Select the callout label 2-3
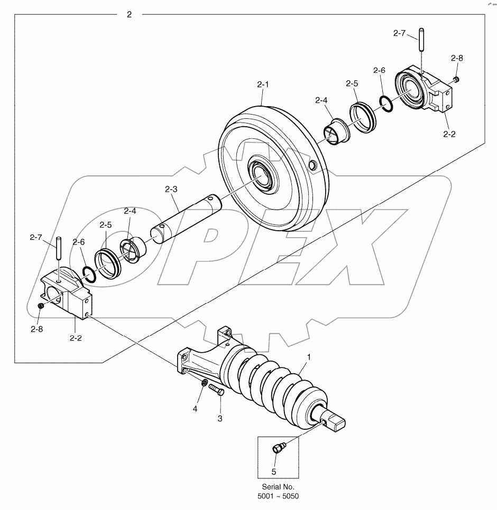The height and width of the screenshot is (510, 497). tap(171, 188)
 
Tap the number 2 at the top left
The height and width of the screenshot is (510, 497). tap(130, 15)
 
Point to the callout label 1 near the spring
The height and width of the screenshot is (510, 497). tap(309, 357)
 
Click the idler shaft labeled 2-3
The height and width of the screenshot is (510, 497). tap(188, 217)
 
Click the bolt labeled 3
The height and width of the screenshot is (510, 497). tap(217, 391)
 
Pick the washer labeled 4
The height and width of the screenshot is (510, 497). tap(204, 382)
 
